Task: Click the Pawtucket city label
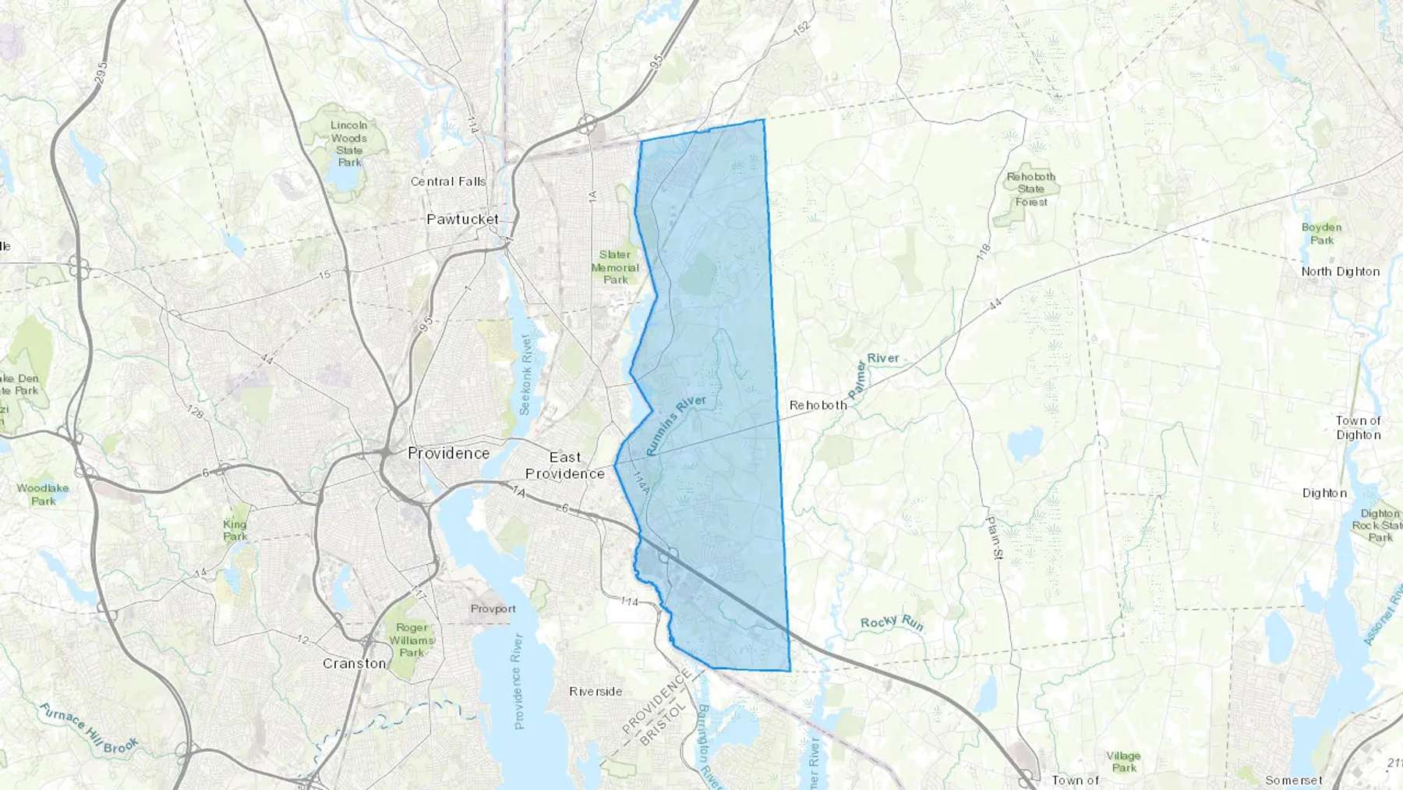point(462,219)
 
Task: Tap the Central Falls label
point(448,182)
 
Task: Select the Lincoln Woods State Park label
point(349,143)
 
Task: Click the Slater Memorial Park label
point(615,267)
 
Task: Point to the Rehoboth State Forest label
point(1030,189)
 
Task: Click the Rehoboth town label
point(818,405)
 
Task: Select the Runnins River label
point(676,423)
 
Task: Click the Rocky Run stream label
point(892,622)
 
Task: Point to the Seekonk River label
point(526,374)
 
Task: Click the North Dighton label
point(1340,271)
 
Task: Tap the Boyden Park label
point(1321,233)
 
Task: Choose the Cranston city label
point(354,664)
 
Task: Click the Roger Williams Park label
point(412,639)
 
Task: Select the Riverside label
point(595,691)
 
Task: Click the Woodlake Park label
point(43,494)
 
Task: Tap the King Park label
point(235,530)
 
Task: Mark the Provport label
point(493,608)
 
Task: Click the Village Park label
point(1123,761)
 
